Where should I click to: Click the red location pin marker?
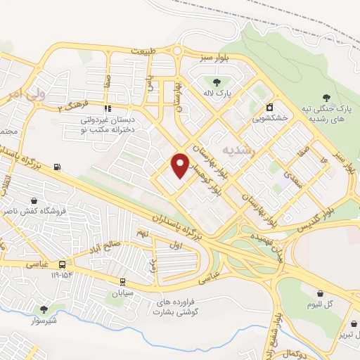[x=181, y=165]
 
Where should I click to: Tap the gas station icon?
[x=57, y=167]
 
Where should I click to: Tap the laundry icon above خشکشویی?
[x=270, y=108]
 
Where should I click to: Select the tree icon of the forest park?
[x=325, y=98]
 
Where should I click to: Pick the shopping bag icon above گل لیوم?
[x=321, y=292]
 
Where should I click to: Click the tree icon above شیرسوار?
[x=44, y=310]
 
